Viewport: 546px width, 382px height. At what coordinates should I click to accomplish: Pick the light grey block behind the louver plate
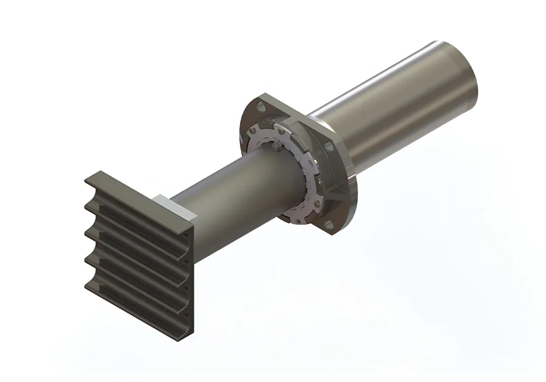pos(166,204)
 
